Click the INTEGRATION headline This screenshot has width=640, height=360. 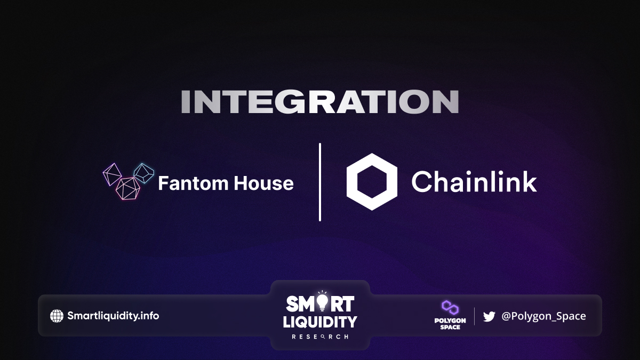(320, 101)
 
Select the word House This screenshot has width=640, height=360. (264, 183)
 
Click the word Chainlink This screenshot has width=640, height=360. (474, 181)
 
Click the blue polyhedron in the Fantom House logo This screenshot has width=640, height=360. (143, 173)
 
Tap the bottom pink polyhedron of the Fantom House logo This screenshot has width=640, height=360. (127, 188)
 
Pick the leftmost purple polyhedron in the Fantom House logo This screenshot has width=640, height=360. (112, 174)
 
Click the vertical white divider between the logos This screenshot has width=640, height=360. (320, 182)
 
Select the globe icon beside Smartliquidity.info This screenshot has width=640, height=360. (57, 316)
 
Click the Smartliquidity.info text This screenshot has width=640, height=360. (113, 316)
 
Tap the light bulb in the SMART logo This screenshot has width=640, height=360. (322, 301)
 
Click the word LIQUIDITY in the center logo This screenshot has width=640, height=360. (320, 322)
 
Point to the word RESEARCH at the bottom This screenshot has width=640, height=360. (320, 337)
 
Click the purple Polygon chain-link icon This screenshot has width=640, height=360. (450, 307)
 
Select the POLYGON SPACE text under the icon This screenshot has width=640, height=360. (450, 324)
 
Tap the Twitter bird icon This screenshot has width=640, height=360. (489, 316)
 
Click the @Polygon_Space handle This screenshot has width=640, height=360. (543, 316)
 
